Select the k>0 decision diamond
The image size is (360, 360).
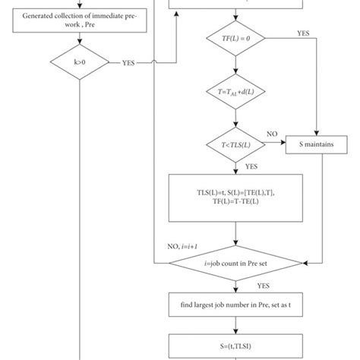(x=79, y=63)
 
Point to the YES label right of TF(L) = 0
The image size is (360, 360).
(x=303, y=34)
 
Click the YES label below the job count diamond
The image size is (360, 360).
(x=263, y=286)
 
